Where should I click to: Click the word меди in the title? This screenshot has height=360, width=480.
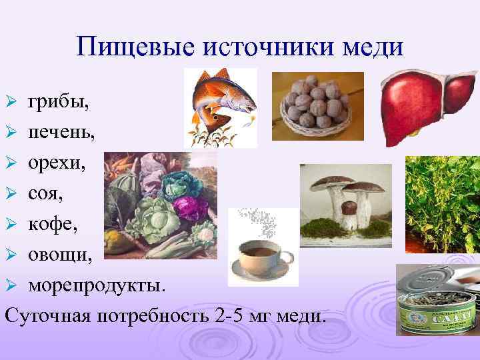pos(372,47)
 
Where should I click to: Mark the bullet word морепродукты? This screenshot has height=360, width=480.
pos(95,280)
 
